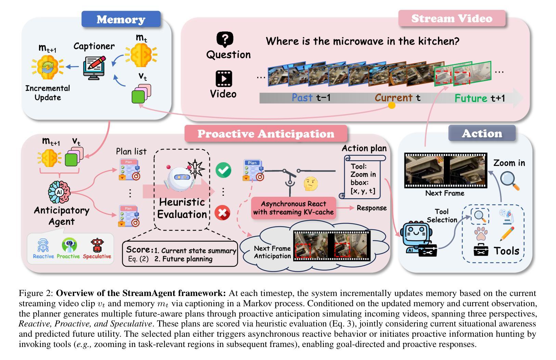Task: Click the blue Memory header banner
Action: pyautogui.click(x=121, y=19)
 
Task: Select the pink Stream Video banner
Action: pyautogui.click(x=452, y=18)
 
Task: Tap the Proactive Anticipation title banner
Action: pyautogui.click(x=266, y=133)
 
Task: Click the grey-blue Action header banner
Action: pyautogui.click(x=482, y=133)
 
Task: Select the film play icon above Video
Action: pyautogui.click(x=224, y=78)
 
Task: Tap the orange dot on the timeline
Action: pyautogui.click(x=392, y=105)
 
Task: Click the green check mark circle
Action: pyautogui.click(x=223, y=170)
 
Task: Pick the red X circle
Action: pyautogui.click(x=222, y=213)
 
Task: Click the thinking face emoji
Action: pyautogui.click(x=311, y=184)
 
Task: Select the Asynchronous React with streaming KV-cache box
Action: pyautogui.click(x=293, y=208)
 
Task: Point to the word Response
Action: pyautogui.click(x=372, y=208)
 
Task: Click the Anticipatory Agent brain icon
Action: pyautogui.click(x=59, y=191)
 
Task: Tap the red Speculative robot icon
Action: pyautogui.click(x=97, y=245)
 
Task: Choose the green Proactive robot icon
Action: pyautogui.click(x=69, y=245)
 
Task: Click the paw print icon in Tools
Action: pyautogui.click(x=481, y=234)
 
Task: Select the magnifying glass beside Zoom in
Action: pyautogui.click(x=509, y=181)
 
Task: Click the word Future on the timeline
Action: pyautogui.click(x=470, y=98)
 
